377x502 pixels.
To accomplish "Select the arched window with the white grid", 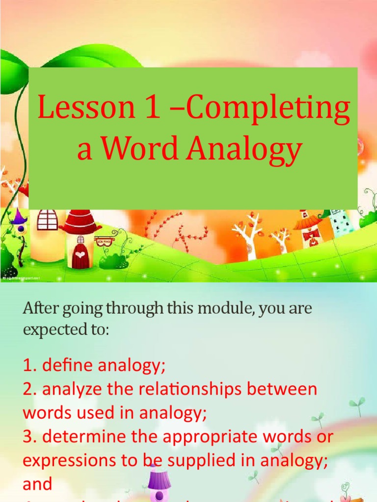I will point(48,219).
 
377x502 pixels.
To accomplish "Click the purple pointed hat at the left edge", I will point(19,216).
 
